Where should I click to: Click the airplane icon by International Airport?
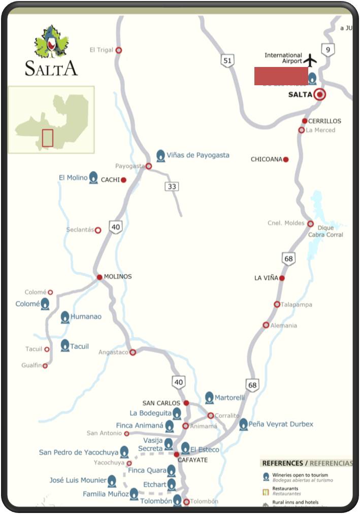point(311,60)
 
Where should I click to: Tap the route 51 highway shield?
point(227,61)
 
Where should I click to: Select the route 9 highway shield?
point(329,49)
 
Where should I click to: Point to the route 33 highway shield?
point(172,186)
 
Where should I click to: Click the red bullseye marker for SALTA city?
point(319,94)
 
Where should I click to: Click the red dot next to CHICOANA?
point(286,159)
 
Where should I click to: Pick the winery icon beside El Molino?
point(93,178)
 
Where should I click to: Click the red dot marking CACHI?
point(123,180)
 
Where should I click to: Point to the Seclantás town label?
point(80,230)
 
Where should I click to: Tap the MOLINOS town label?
point(118,277)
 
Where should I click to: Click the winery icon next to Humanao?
point(65,317)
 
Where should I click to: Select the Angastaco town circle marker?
point(133,352)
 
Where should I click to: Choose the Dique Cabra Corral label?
point(325,231)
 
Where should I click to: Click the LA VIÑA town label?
point(266,278)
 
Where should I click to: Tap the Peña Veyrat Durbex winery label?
point(281,424)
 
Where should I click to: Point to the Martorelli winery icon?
point(209,397)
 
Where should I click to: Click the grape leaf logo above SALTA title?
point(51,42)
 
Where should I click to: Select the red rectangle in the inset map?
point(47,138)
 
